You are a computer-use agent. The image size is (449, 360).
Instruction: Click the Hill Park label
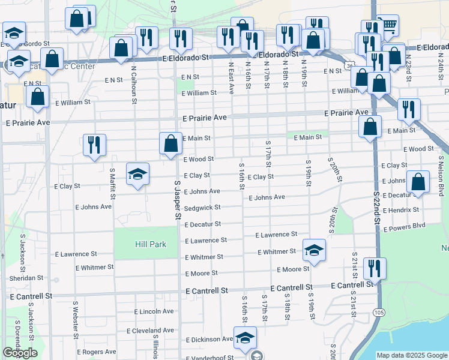(x=146, y=244)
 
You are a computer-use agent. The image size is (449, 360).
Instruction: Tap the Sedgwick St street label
(x=202, y=208)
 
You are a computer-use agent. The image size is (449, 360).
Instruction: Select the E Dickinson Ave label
(x=209, y=339)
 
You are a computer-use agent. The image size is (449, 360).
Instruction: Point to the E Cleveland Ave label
(x=150, y=331)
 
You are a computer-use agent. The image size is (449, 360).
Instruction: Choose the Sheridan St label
(x=26, y=278)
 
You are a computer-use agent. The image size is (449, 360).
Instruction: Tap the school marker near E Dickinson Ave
(x=245, y=338)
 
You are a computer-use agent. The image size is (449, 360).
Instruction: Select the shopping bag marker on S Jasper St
(x=171, y=143)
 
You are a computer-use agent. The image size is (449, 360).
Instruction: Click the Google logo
(x=20, y=353)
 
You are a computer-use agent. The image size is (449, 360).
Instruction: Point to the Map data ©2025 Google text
(x=412, y=355)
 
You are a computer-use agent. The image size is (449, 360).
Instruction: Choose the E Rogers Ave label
(x=96, y=352)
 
